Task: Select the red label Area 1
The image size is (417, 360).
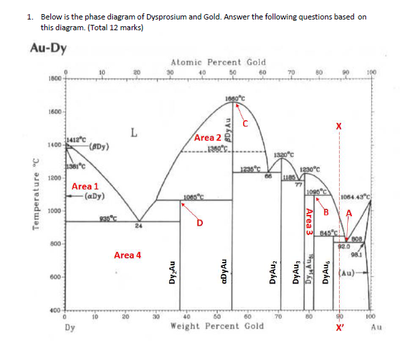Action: coord(85,186)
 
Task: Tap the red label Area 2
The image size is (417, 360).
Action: coord(208,138)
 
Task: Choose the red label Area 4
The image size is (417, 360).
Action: coord(128,255)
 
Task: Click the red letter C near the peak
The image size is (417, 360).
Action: coord(245,123)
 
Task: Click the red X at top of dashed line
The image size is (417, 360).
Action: coord(339,126)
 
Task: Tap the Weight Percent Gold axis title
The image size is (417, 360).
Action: coord(217,326)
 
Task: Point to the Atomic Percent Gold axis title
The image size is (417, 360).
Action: coord(218,62)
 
